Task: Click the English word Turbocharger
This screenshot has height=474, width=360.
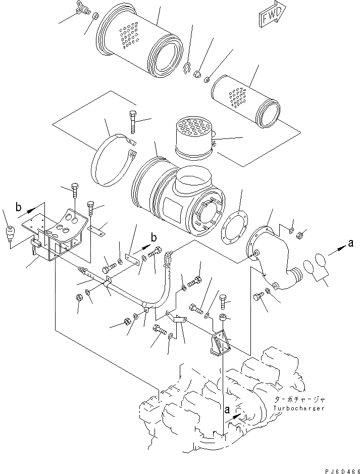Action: pos(299,408)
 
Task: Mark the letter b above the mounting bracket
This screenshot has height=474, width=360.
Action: pos(19,206)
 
